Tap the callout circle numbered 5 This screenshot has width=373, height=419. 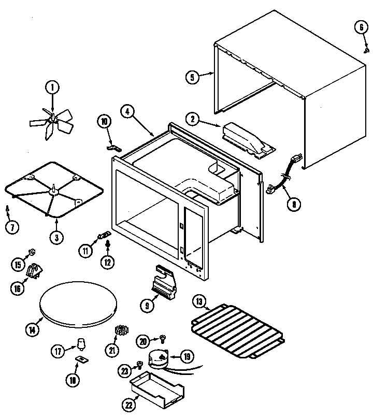click(x=192, y=78)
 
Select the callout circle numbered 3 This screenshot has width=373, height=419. click(x=56, y=237)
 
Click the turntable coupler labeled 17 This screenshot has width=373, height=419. click(x=80, y=343)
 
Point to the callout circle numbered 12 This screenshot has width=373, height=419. click(x=107, y=262)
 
